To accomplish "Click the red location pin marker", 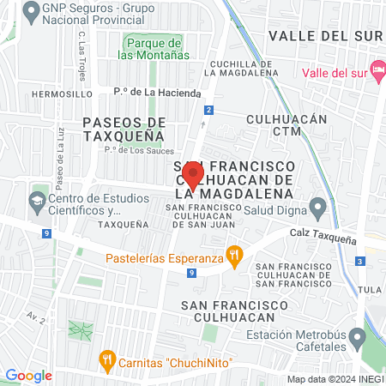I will pos(194,176).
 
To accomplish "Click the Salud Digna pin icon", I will pos(318,207).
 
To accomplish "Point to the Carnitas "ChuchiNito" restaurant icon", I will pos(107,359).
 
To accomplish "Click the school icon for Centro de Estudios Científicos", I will pos(37,203).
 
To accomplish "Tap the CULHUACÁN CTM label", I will pos(286,125).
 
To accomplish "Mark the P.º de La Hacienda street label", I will pos(157,93).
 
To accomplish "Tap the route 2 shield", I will pos(208,110).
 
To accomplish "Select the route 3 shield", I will pos(360,261).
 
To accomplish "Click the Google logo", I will pos(28,375).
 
